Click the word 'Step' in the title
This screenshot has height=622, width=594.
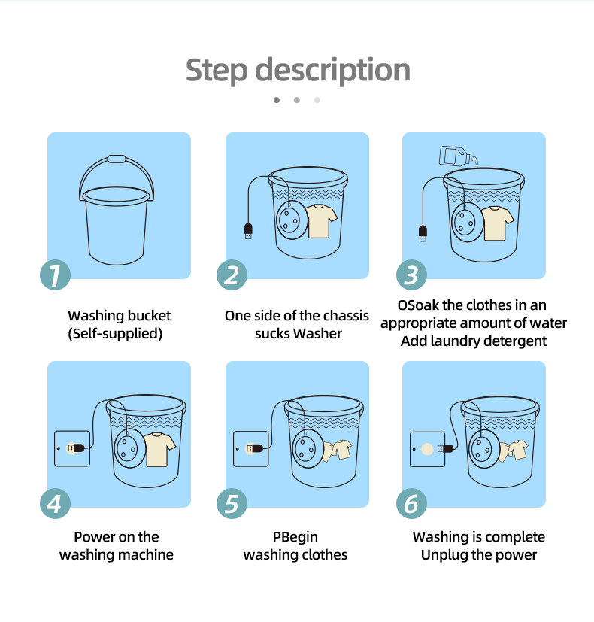click(x=217, y=71)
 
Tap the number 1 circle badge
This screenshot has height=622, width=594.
click(x=55, y=275)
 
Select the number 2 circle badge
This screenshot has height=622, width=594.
click(x=232, y=275)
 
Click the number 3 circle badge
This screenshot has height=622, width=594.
click(x=411, y=275)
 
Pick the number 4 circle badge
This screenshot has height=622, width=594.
click(x=55, y=504)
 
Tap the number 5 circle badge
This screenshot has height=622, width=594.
click(x=232, y=504)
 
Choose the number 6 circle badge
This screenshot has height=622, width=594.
click(x=411, y=504)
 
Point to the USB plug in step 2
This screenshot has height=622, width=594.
click(x=248, y=231)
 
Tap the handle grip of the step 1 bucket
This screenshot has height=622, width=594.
click(x=117, y=159)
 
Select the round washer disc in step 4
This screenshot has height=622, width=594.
click(x=128, y=448)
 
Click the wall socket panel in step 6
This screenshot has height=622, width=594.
click(x=428, y=449)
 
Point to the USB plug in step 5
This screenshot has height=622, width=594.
click(x=255, y=448)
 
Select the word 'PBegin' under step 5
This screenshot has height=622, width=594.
click(x=295, y=537)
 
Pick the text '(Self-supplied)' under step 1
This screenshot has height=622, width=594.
click(x=115, y=334)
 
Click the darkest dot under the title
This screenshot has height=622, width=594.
click(x=277, y=100)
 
